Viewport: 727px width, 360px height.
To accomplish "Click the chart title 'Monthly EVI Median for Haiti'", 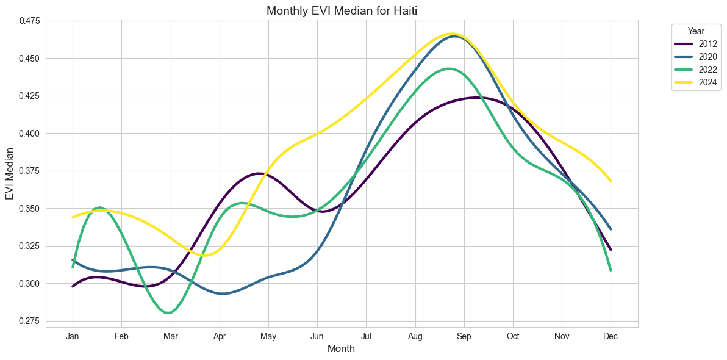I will tap(342, 10).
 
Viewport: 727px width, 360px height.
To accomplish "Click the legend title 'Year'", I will tap(696, 31).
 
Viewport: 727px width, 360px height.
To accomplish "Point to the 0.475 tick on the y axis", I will tap(27, 21).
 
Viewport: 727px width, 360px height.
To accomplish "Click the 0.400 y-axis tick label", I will tap(27, 134).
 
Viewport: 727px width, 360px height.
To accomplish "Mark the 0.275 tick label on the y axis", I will tap(27, 321).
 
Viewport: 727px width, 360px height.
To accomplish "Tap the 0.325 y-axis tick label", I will tap(27, 246).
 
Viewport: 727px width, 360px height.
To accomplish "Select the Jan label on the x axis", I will tap(73, 336).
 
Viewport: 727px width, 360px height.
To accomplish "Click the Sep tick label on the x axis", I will tap(464, 336).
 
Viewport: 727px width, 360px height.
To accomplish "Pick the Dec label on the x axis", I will tap(611, 336).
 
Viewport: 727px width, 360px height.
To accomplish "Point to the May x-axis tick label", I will tap(268, 336).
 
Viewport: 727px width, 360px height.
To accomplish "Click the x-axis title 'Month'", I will tap(341, 349).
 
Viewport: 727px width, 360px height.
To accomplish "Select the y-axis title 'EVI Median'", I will tap(10, 171).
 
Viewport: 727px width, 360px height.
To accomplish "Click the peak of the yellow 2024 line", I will tap(452, 34).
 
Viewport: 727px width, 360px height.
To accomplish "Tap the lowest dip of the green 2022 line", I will tap(168, 313).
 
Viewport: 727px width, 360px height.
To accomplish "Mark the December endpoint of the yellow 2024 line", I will tap(611, 181).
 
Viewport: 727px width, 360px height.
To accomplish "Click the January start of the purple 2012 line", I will tap(73, 286).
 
